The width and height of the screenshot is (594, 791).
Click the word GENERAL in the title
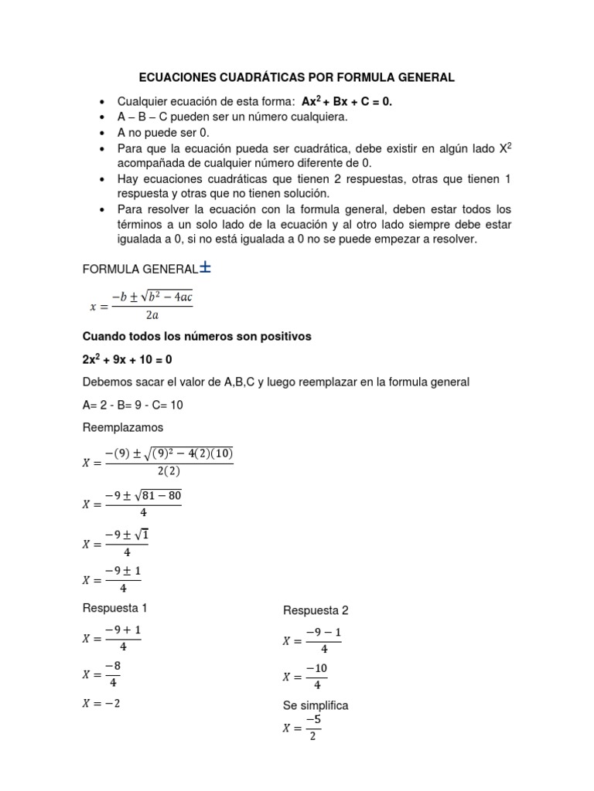(x=422, y=78)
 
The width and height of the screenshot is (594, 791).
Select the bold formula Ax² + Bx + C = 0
(x=347, y=102)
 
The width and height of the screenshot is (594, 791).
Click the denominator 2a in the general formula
(x=152, y=315)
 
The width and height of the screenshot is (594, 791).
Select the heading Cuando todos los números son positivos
(x=196, y=337)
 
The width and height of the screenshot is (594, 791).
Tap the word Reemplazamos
(x=122, y=427)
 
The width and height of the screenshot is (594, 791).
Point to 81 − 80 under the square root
(x=161, y=495)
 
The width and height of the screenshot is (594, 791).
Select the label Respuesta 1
(x=114, y=607)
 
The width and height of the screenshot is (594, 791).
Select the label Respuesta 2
(x=316, y=610)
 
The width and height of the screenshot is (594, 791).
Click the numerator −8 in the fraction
(x=113, y=666)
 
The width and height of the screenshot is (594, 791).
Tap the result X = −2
(x=101, y=703)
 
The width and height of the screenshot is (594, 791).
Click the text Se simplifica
(x=316, y=705)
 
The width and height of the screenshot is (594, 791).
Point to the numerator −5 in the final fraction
(x=312, y=720)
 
